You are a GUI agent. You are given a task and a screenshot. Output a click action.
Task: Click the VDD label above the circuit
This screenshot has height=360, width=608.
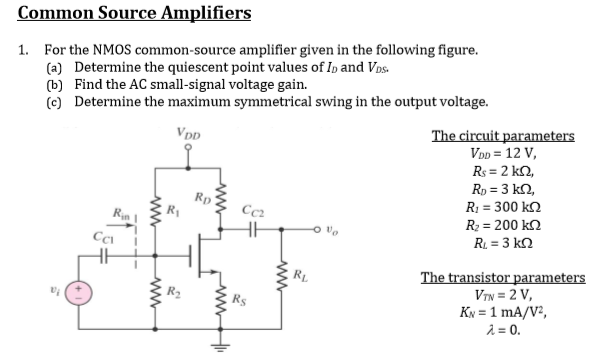[187, 130]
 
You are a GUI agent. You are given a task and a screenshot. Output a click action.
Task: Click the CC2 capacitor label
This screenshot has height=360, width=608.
[253, 209]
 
